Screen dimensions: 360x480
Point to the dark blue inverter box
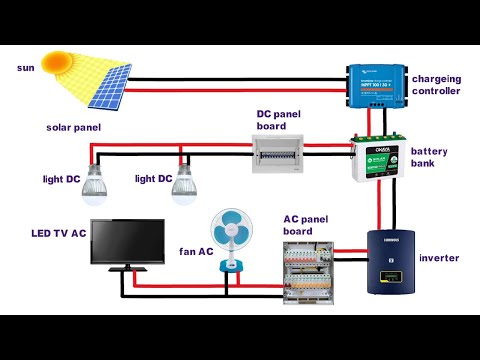point(392,262)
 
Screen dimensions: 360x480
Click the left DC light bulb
point(96,180)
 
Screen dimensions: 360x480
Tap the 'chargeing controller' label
point(436,85)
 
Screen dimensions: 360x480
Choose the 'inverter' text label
point(440,258)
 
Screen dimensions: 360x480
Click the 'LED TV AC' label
point(56,232)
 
